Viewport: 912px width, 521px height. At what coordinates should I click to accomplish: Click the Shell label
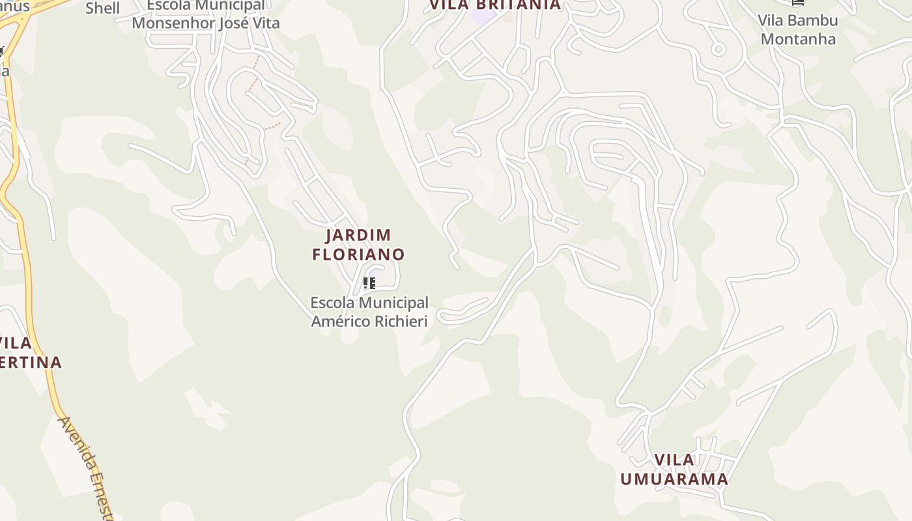[103, 8]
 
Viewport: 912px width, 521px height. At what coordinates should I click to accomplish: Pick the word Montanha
[798, 39]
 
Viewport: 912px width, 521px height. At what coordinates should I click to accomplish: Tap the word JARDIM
[358, 235]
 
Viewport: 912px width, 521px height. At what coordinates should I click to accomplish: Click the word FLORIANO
[358, 255]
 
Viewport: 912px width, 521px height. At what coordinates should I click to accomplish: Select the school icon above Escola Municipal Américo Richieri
[369, 283]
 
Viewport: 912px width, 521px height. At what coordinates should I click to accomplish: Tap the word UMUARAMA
[674, 480]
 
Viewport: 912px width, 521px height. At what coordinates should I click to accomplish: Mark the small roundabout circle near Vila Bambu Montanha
[718, 49]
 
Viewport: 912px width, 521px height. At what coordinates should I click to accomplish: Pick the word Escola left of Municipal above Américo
[332, 303]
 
